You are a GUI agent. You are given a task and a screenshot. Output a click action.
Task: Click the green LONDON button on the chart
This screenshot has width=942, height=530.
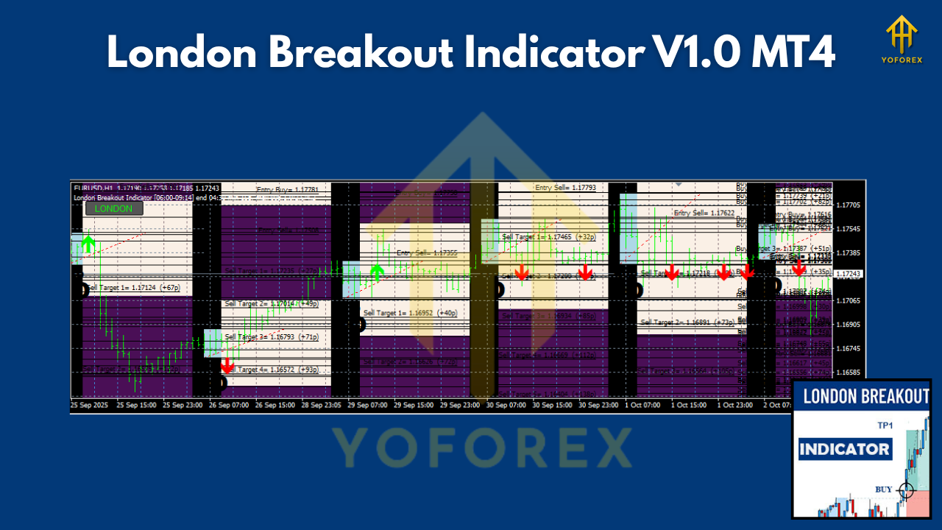pos(114,208)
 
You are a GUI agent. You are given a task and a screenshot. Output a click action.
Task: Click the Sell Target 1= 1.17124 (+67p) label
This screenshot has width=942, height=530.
pos(133,288)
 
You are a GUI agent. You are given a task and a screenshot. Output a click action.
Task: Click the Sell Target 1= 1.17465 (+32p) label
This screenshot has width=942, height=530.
pos(549,237)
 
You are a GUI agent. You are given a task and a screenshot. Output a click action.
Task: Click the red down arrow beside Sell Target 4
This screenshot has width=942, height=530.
pos(227,365)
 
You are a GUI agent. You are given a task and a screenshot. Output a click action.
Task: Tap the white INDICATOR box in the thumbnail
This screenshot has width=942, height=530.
pos(845,449)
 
